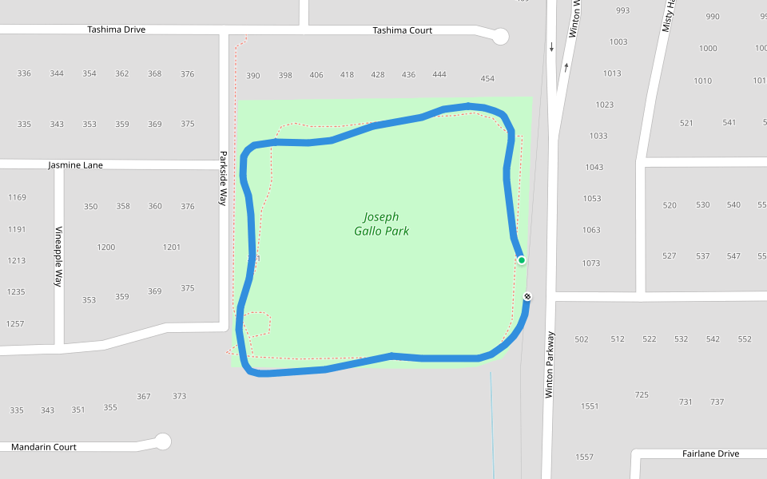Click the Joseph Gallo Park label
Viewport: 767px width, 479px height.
point(381,224)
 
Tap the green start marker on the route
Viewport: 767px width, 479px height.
point(521,260)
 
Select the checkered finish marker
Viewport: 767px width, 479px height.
point(527,297)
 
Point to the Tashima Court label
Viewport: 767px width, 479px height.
point(402,30)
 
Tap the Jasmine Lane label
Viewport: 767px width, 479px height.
point(75,165)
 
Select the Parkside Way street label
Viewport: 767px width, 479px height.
point(224,179)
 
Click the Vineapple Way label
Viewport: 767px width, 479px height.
point(58,256)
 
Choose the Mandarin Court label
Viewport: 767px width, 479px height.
point(44,447)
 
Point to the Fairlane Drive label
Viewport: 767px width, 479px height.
point(710,453)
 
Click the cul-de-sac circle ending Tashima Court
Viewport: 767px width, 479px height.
point(500,36)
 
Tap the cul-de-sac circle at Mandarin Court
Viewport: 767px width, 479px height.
point(163,441)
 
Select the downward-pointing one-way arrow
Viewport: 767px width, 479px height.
point(551,48)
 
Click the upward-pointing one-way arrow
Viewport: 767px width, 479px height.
point(566,67)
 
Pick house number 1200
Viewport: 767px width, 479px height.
point(106,247)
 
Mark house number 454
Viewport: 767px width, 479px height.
point(487,79)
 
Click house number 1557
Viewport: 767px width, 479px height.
point(584,457)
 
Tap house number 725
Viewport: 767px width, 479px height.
point(642,395)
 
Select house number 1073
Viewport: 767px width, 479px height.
point(590,263)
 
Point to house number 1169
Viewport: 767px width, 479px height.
point(17,197)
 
